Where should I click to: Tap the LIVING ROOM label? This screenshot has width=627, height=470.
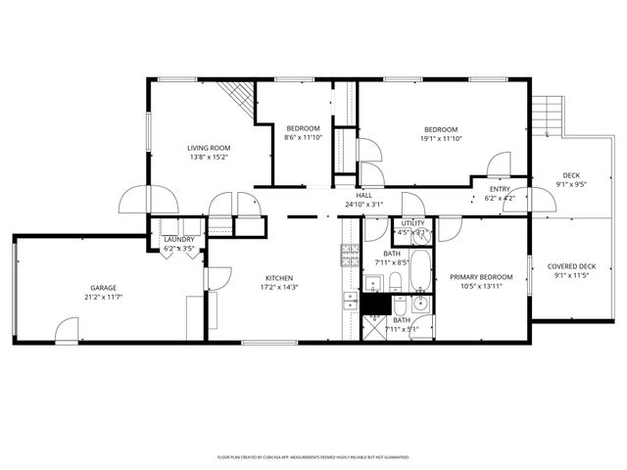[x=209, y=148]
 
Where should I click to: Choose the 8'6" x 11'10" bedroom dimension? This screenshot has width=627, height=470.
[x=303, y=138]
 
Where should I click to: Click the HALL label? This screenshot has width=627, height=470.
[x=363, y=195]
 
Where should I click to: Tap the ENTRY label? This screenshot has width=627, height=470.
[x=500, y=189]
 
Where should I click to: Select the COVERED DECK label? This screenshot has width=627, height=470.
[x=571, y=266]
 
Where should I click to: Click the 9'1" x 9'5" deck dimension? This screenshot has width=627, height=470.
[x=571, y=184]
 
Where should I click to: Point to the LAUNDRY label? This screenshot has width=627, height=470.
[x=178, y=240]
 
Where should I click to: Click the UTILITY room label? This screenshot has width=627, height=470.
[x=412, y=223]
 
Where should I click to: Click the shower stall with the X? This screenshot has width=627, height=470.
[x=374, y=327]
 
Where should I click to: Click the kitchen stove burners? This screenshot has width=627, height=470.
[x=349, y=256]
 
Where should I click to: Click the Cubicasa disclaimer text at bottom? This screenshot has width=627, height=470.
[x=313, y=456]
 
